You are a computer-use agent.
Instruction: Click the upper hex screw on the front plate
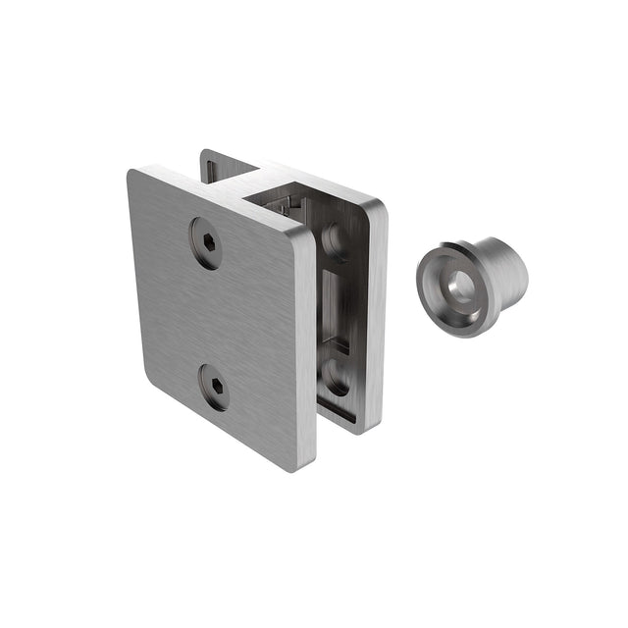click(x=206, y=241)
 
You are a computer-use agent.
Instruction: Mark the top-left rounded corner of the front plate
click(x=136, y=177)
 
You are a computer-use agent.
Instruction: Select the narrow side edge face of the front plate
click(x=307, y=353)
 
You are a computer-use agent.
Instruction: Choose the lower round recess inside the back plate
click(x=337, y=377)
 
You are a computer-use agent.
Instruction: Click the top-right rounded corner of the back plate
click(x=378, y=209)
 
